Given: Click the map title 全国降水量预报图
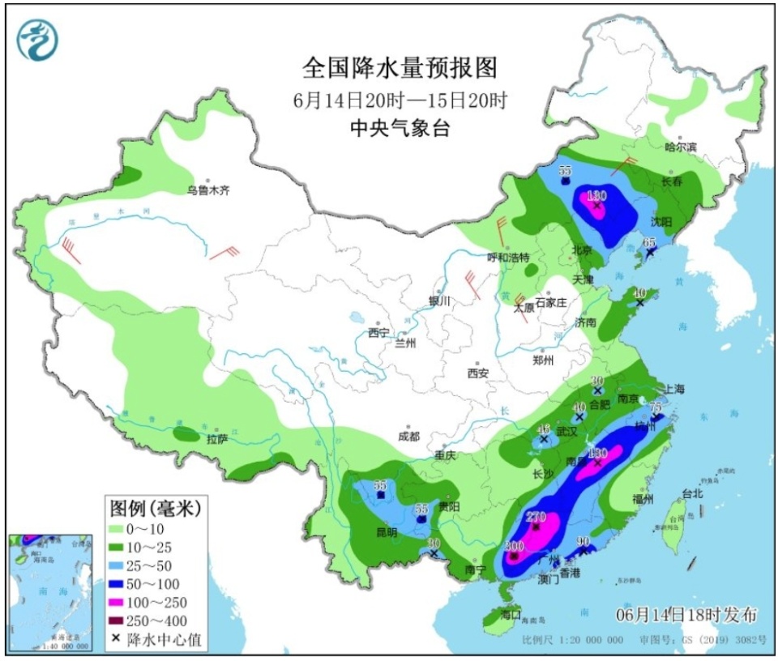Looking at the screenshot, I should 399,67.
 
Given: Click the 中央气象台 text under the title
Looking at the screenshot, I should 399,127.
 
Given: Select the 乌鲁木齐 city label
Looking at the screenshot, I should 208,190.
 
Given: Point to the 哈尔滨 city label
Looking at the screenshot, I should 680,147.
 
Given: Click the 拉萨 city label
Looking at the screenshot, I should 216,439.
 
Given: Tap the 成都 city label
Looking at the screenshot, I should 408,436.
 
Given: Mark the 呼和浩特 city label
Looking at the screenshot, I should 507,257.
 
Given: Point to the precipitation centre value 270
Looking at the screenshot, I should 536,516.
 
